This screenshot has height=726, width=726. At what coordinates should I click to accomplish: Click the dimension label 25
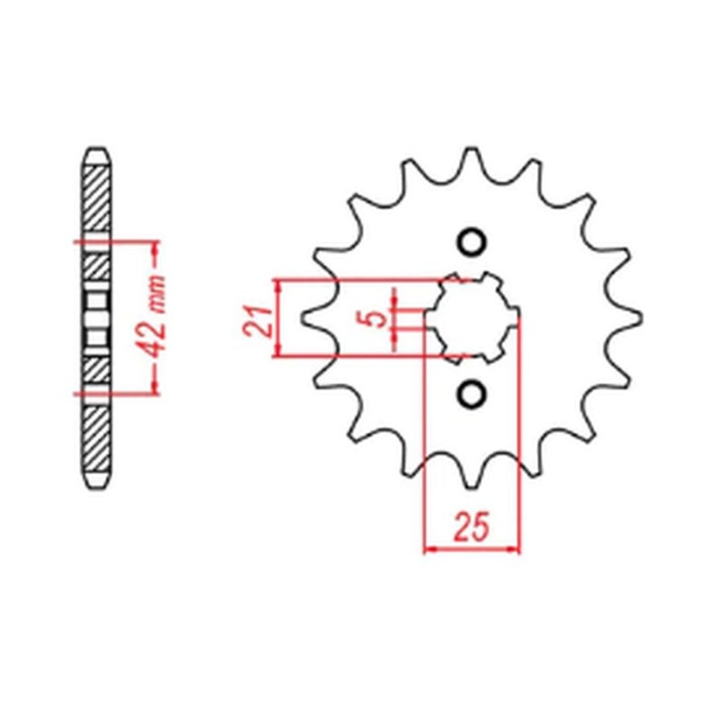[x=472, y=525]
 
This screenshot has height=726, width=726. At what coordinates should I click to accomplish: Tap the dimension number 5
[x=373, y=319]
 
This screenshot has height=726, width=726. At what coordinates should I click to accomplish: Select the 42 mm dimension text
[x=154, y=318]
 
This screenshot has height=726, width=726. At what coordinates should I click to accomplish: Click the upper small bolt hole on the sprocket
[x=471, y=241]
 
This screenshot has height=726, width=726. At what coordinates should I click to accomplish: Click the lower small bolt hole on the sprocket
[x=471, y=393]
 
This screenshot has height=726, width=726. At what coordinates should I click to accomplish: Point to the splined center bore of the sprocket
[x=472, y=317]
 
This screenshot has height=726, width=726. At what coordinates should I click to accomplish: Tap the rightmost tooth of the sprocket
[x=633, y=317]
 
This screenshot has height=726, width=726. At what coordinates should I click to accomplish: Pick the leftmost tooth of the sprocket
[x=309, y=317]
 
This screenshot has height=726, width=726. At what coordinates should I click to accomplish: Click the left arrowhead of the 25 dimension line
[x=429, y=549]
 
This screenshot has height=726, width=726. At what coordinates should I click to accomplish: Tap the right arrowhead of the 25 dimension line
[x=515, y=549]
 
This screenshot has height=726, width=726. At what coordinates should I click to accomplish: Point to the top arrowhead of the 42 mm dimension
[x=154, y=247]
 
